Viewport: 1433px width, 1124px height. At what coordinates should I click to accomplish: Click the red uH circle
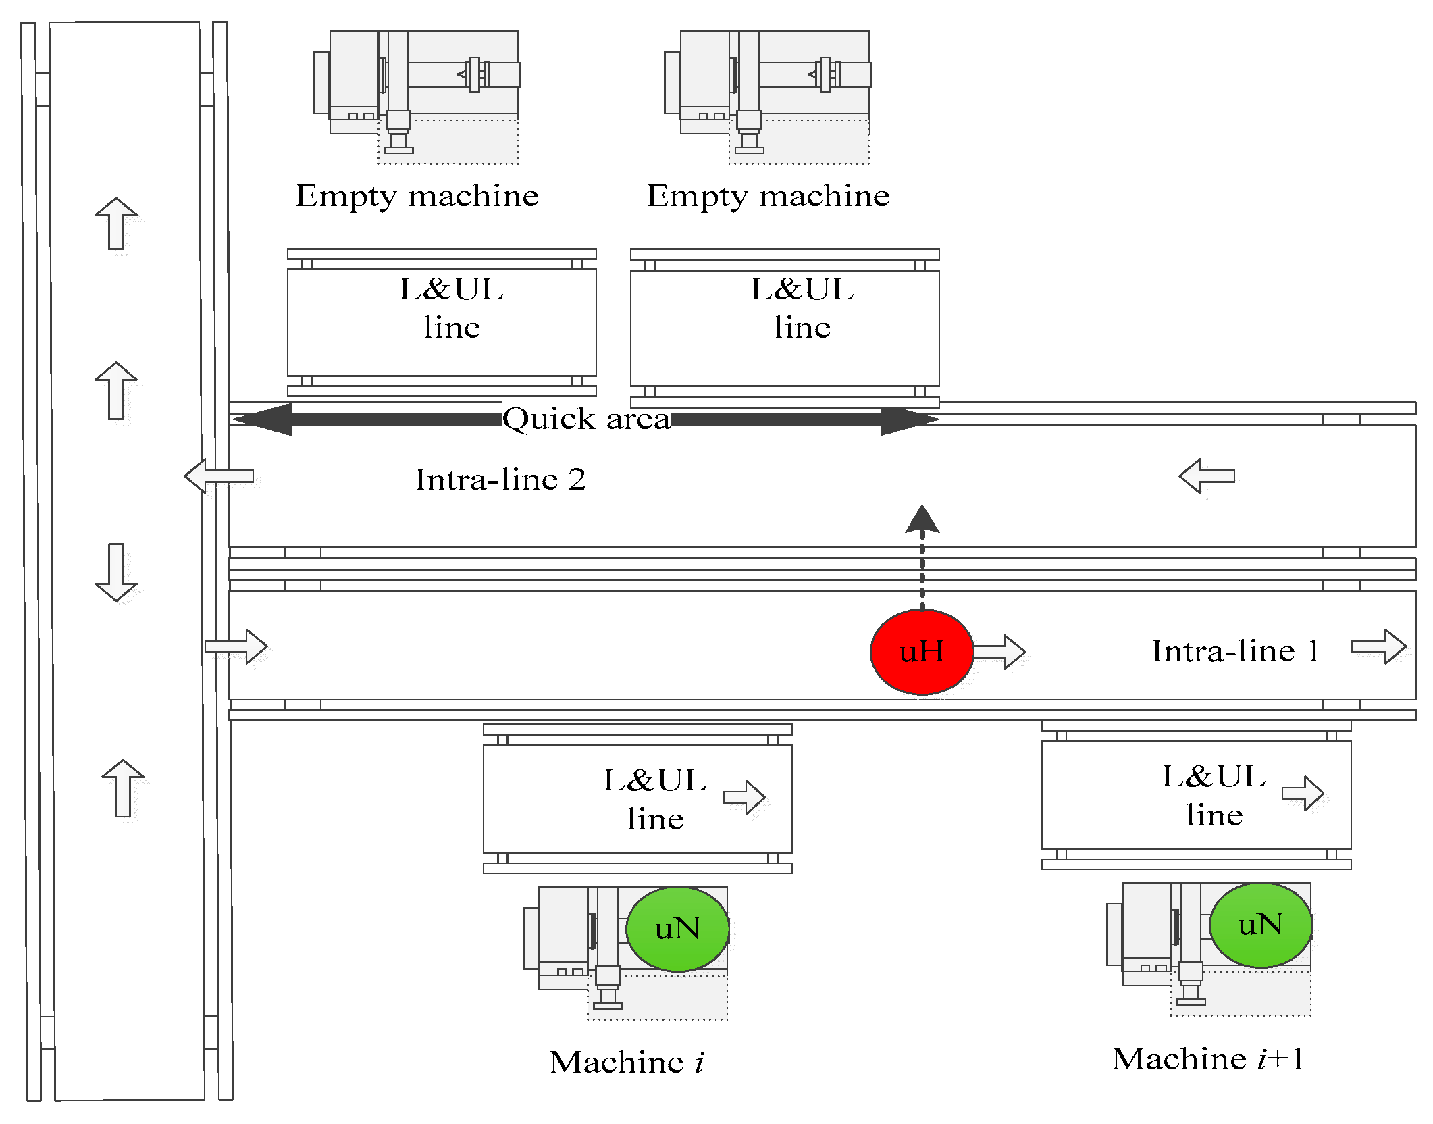[x=922, y=652]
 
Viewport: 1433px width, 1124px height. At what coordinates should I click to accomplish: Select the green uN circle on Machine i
[x=677, y=929]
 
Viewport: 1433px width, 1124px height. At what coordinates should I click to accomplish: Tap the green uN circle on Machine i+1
[x=1261, y=925]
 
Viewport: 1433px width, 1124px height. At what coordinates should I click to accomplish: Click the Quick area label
[x=586, y=419]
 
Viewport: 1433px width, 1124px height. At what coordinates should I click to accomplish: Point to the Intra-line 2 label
[x=500, y=480]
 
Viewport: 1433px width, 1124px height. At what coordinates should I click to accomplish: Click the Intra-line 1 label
[x=1236, y=651]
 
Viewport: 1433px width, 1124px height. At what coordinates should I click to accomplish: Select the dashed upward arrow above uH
[x=922, y=557]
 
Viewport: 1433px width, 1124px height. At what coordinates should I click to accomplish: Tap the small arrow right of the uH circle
[x=999, y=652]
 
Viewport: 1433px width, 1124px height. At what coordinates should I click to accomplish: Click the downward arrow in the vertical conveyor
[x=116, y=572]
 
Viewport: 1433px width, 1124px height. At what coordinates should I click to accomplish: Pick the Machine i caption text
[x=627, y=1063]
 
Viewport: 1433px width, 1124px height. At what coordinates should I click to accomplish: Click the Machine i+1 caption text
[x=1207, y=1059]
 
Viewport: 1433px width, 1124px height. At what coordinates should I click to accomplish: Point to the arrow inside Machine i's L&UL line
[x=744, y=798]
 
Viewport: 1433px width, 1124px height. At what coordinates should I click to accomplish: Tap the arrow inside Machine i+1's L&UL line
[x=1303, y=793]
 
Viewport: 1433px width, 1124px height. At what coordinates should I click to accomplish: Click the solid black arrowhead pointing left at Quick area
[x=263, y=419]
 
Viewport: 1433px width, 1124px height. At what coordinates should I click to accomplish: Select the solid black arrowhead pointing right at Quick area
[x=910, y=420]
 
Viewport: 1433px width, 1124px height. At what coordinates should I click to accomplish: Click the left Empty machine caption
[x=417, y=197]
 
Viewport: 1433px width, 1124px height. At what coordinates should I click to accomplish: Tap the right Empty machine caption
[x=768, y=197]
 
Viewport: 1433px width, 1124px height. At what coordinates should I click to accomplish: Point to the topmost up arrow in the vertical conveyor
[x=116, y=223]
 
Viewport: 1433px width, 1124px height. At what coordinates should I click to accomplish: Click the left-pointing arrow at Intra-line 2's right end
[x=1207, y=476]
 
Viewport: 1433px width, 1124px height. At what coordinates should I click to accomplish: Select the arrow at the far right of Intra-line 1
[x=1378, y=646]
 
